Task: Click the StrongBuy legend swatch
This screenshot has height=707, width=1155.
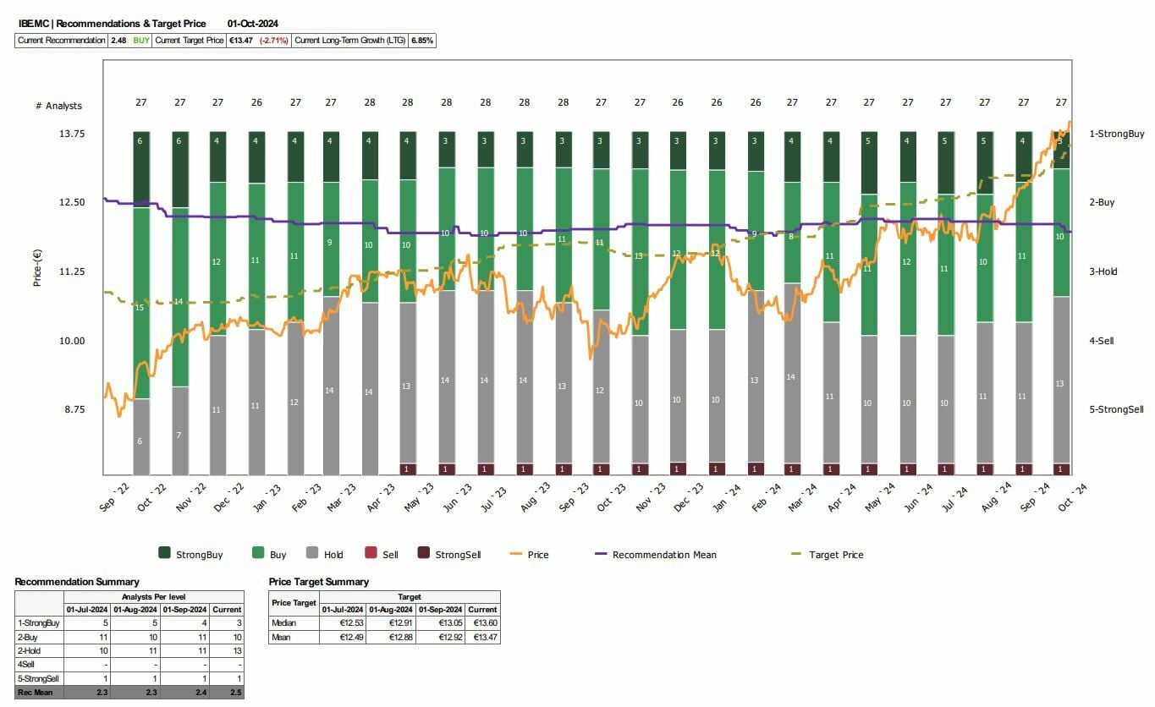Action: click(x=164, y=554)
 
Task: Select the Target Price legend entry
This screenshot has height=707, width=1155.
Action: click(x=835, y=555)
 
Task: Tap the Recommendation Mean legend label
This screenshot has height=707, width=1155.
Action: click(x=663, y=555)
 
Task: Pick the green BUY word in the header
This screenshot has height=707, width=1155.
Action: click(x=140, y=40)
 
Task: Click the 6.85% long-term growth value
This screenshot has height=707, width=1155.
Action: click(x=421, y=40)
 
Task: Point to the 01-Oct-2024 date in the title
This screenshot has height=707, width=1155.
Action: click(x=253, y=24)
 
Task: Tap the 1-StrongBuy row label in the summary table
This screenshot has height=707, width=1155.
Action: click(x=38, y=622)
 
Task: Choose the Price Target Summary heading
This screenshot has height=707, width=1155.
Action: click(x=318, y=582)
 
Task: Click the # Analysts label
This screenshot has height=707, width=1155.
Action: click(x=58, y=106)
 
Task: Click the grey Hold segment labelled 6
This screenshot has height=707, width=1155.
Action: click(x=140, y=441)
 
